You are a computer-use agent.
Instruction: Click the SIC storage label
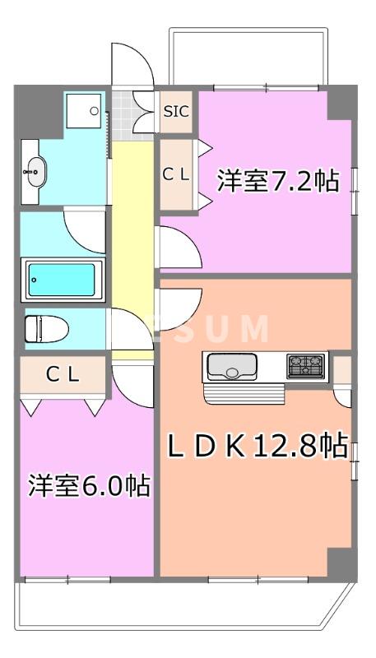[175, 111]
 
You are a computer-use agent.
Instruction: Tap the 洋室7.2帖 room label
[277, 180]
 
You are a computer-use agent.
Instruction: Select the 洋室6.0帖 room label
[90, 485]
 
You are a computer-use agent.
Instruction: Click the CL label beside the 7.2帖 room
[175, 174]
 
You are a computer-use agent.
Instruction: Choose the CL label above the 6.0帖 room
[63, 375]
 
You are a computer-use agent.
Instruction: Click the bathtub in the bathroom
[63, 280]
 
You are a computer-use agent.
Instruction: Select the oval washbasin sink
[35, 172]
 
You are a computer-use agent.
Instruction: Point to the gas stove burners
[305, 364]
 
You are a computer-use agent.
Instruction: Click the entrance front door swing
[130, 62]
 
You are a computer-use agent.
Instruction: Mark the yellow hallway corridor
[128, 239]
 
